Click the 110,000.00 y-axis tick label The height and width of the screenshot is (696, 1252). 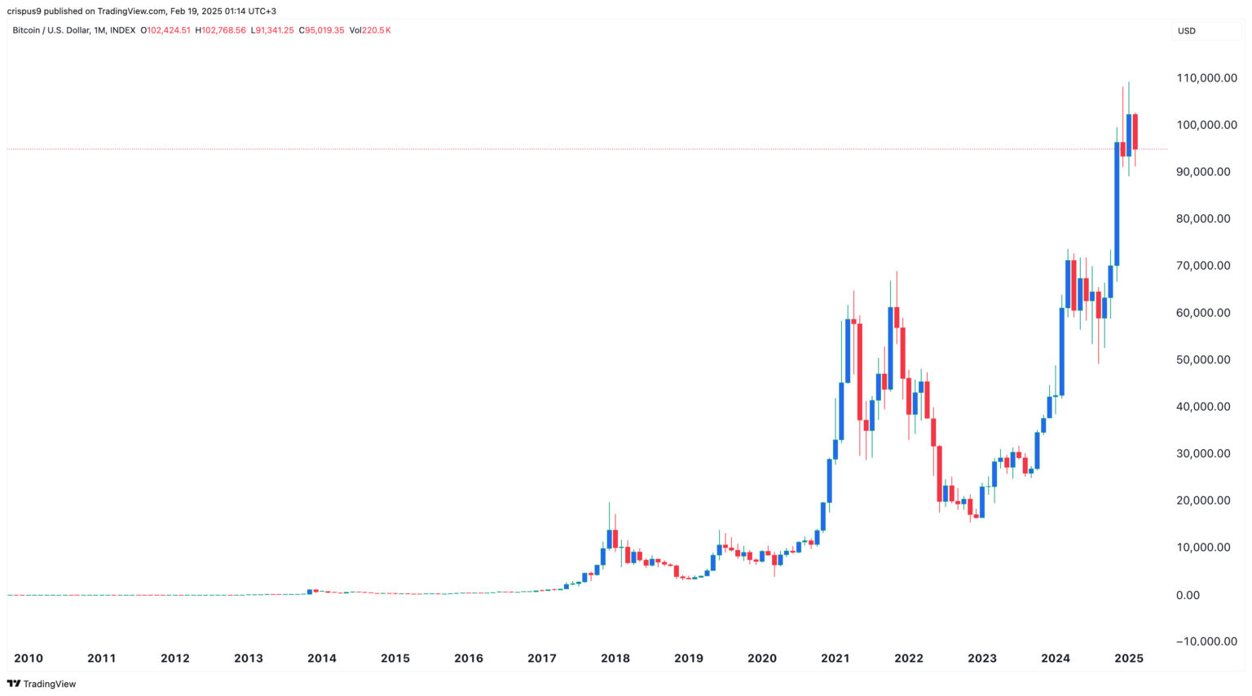pyautogui.click(x=1206, y=78)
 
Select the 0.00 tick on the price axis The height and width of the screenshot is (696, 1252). pyautogui.click(x=1188, y=596)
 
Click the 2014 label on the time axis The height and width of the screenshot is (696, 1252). pyautogui.click(x=322, y=659)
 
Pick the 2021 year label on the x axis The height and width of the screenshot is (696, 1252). pyautogui.click(x=835, y=659)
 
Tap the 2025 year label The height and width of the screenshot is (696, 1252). pyautogui.click(x=1128, y=659)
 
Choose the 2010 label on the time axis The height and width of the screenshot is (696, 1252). pyautogui.click(x=29, y=659)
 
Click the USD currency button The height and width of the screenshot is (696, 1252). pyautogui.click(x=1187, y=31)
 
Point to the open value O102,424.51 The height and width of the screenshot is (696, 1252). pyautogui.click(x=165, y=30)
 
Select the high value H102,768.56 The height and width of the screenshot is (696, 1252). pyautogui.click(x=220, y=30)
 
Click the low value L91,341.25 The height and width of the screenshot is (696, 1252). pyautogui.click(x=272, y=30)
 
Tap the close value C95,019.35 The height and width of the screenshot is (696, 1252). pyautogui.click(x=321, y=30)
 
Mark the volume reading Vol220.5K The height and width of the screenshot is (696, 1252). pyautogui.click(x=370, y=30)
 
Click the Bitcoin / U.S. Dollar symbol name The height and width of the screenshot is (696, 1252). pyautogui.click(x=51, y=30)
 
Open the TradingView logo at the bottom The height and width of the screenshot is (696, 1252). pyautogui.click(x=42, y=684)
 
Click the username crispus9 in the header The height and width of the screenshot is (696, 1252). pyautogui.click(x=24, y=11)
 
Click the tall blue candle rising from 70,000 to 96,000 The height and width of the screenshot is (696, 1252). pyautogui.click(x=1117, y=204)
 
